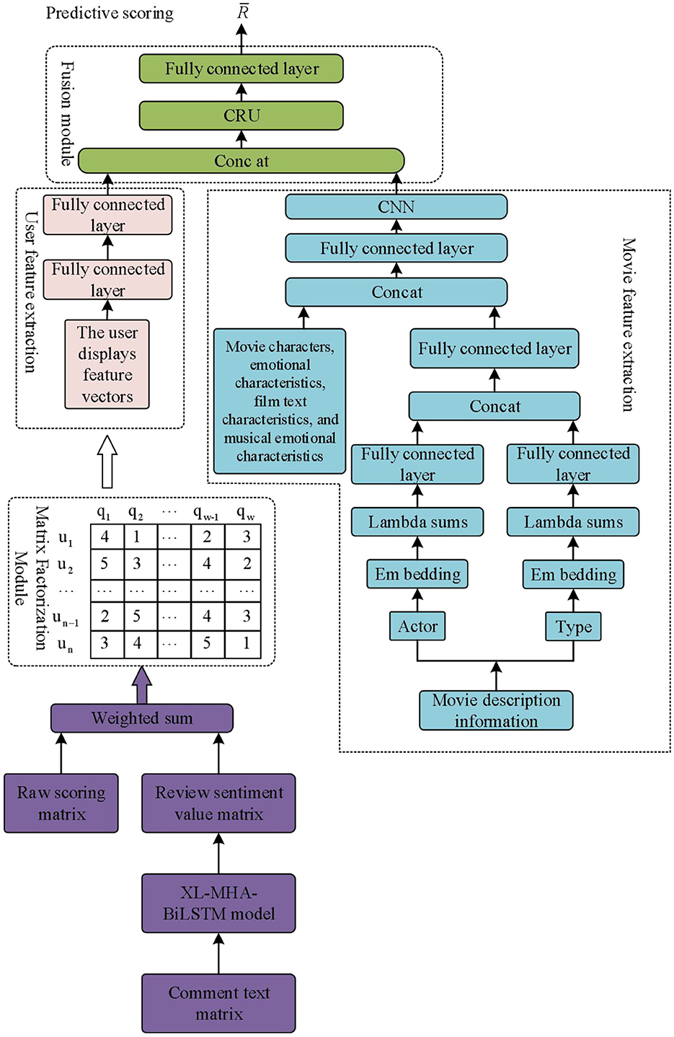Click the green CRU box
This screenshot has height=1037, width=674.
241,115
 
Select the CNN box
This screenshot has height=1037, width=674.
396,207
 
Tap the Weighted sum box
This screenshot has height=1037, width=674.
142,718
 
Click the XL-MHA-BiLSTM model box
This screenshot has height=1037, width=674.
218,903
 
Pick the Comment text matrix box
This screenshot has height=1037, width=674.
218,1003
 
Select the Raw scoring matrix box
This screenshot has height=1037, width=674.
61,803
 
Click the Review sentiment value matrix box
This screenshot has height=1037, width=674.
218,803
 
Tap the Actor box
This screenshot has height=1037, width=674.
417,626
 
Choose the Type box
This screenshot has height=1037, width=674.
573,627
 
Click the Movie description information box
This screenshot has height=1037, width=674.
496,710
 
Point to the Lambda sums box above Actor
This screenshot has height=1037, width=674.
417,522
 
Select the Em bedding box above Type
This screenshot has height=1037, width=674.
573,575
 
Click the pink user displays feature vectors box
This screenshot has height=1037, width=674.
107,365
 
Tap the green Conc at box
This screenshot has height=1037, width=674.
241,161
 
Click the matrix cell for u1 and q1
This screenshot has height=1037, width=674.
105,537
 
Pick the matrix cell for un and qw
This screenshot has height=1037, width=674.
246,643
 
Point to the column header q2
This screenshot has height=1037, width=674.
136,513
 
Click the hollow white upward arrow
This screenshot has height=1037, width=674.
107,461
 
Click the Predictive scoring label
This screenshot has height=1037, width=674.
110,13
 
